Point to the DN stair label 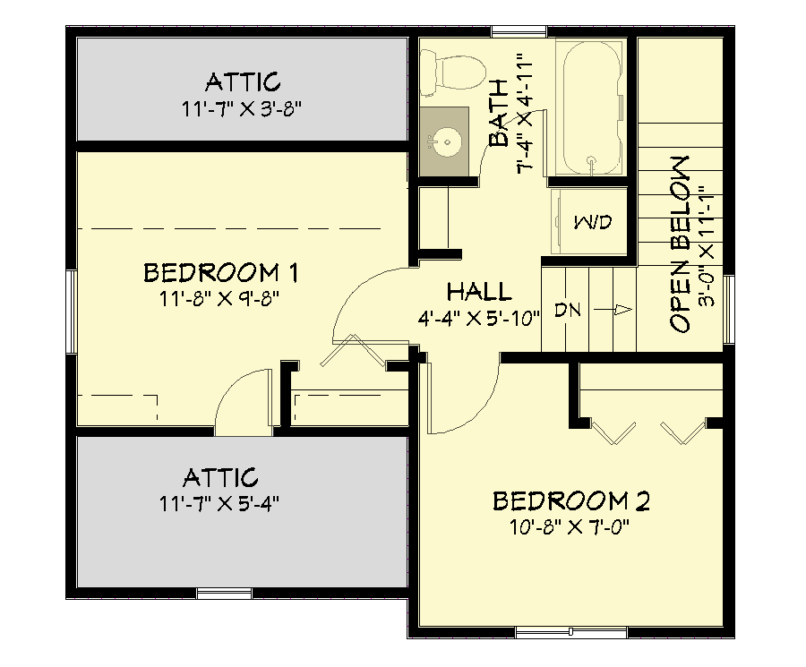click(568, 311)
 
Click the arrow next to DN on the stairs click(621, 311)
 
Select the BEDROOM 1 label click(220, 271)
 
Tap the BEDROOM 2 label click(571, 500)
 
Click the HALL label click(479, 291)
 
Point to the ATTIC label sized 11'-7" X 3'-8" click(243, 82)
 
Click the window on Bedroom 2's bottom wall click(570, 632)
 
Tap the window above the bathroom click(519, 33)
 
